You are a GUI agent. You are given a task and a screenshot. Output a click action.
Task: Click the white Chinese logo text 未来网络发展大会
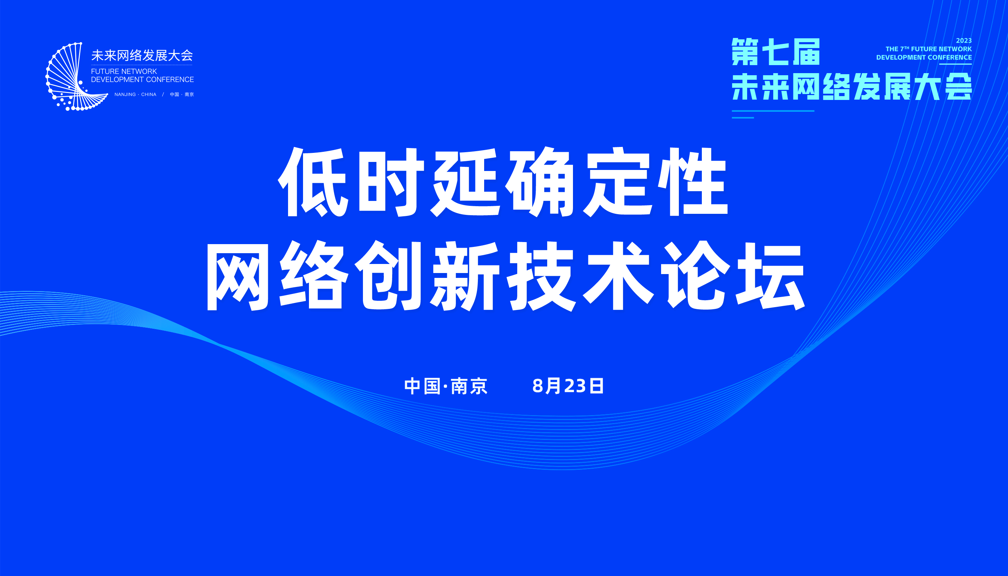pyautogui.click(x=142, y=55)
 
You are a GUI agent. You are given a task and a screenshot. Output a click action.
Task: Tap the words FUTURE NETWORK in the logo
pyautogui.click(x=124, y=71)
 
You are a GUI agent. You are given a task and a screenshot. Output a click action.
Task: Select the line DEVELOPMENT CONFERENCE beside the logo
pyautogui.click(x=142, y=79)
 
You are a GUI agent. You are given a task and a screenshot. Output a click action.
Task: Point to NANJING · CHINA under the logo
pyautogui.click(x=135, y=95)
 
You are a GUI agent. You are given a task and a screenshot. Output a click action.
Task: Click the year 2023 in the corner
pyautogui.click(x=964, y=41)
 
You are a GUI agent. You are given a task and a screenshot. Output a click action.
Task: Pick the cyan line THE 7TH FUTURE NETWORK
pyautogui.click(x=929, y=49)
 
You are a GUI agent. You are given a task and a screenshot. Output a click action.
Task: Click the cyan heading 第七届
pyautogui.click(x=776, y=52)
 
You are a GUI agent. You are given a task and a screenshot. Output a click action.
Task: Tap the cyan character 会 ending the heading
pyautogui.click(x=958, y=86)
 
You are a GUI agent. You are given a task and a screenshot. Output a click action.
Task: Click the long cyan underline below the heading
pyautogui.click(x=773, y=111)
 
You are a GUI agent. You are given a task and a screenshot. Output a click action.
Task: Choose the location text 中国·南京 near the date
pyautogui.click(x=446, y=386)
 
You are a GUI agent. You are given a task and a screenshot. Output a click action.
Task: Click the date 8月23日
pyautogui.click(x=568, y=386)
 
